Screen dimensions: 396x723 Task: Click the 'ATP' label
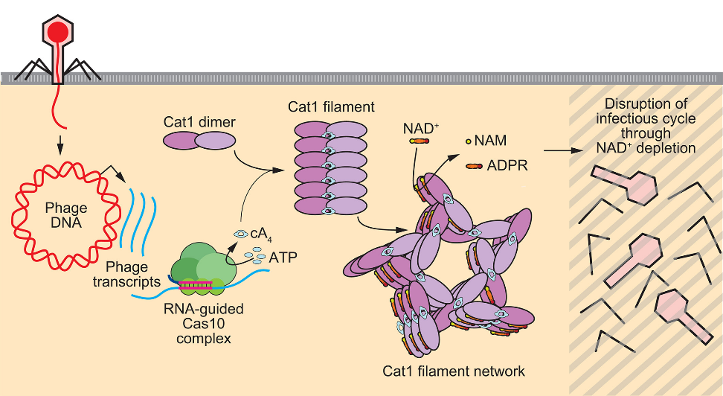click(283, 258)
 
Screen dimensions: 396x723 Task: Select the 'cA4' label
click(260, 233)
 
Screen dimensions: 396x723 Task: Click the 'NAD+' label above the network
click(421, 128)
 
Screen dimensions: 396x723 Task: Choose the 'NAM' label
click(492, 140)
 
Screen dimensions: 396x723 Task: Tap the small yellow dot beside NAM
click(469, 140)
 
